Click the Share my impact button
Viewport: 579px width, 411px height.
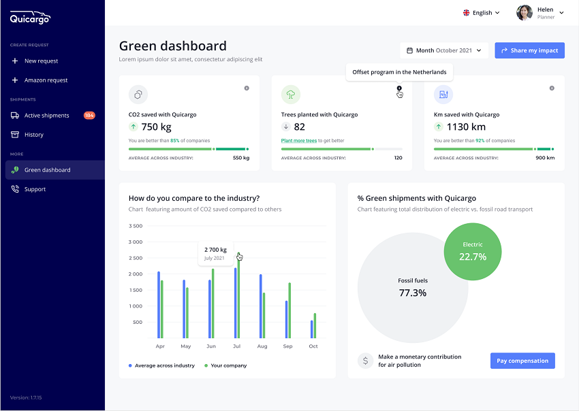(530, 50)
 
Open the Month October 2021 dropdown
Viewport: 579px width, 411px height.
(443, 50)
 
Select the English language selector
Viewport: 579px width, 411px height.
(481, 12)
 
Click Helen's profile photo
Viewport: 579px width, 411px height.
(524, 12)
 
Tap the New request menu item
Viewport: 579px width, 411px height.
(41, 61)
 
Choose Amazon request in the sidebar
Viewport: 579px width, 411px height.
(46, 80)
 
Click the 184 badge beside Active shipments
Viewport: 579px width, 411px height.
(89, 116)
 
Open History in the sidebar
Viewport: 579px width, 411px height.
(33, 135)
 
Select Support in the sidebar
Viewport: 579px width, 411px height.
(35, 189)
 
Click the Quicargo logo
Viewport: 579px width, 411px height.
(30, 18)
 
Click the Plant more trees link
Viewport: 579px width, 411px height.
(299, 141)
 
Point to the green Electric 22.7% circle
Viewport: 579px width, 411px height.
(473, 251)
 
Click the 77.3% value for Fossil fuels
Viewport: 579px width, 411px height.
(413, 293)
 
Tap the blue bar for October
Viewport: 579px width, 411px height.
(312, 329)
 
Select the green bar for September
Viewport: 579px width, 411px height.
(289, 310)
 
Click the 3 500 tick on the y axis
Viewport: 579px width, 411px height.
(135, 226)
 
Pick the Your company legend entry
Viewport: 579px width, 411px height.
(225, 365)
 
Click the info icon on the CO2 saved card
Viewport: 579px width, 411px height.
(247, 88)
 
